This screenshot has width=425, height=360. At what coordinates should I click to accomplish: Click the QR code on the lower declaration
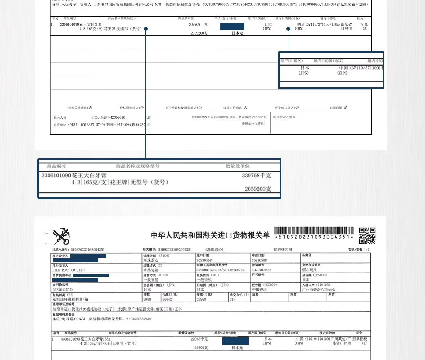(367, 236)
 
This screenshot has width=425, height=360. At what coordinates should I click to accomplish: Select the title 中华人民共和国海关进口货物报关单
(210, 235)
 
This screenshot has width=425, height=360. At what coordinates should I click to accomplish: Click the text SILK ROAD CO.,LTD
(68, 270)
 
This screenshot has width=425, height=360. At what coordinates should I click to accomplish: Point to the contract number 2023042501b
(63, 289)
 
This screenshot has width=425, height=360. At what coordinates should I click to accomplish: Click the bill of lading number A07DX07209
(261, 270)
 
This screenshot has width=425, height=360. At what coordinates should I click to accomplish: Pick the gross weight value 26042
(167, 299)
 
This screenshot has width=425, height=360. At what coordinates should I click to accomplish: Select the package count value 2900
(147, 299)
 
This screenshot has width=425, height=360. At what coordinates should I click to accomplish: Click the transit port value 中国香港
(259, 289)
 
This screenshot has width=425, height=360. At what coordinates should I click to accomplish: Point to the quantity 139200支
(200, 348)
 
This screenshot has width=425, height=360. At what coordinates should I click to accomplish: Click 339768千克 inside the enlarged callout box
(256, 176)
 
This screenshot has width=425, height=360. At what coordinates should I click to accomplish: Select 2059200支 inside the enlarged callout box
(258, 189)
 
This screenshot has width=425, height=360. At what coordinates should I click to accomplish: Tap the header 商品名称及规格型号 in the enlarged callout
(138, 166)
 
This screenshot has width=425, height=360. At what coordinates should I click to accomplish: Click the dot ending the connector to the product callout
(146, 29)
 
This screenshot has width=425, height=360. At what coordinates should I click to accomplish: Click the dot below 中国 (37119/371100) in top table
(288, 29)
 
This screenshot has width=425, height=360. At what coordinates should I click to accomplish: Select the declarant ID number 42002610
(118, 118)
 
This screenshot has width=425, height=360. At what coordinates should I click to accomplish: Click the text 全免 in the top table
(364, 24)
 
